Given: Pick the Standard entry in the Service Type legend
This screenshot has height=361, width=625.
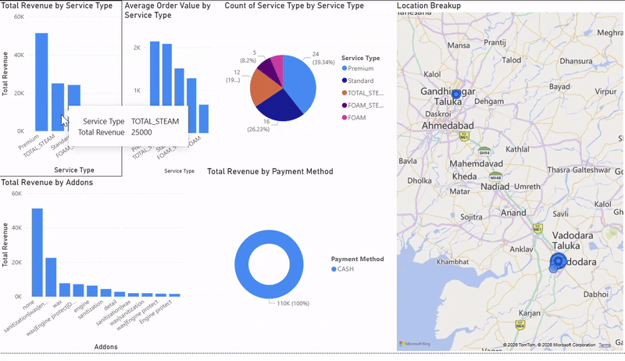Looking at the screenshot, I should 361,80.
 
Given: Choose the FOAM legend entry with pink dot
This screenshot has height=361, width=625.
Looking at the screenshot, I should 356,116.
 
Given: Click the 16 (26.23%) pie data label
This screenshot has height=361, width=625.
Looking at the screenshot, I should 262,125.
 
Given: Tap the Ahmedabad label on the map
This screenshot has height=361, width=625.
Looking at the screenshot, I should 448,126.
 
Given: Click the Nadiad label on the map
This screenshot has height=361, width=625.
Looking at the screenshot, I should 491,188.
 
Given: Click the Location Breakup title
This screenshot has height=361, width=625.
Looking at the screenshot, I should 429,5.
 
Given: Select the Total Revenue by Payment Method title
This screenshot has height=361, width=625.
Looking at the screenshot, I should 270,171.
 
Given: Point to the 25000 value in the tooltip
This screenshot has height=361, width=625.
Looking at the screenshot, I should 141,132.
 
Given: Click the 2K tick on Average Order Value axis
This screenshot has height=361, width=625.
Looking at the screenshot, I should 136,48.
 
